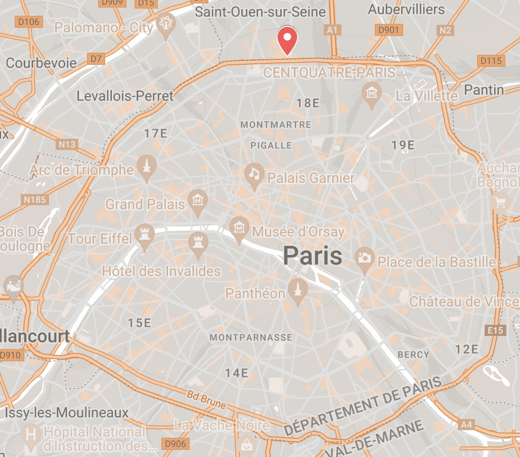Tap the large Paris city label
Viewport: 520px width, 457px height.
[x=312, y=256]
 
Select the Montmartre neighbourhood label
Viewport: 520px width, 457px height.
[x=276, y=125]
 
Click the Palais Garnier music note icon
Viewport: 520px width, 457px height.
[x=254, y=173]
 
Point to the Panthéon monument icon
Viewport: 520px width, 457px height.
[x=297, y=290]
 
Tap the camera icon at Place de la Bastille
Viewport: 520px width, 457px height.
[x=364, y=258]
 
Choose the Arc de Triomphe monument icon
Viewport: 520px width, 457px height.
[x=146, y=166]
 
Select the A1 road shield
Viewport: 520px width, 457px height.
[x=332, y=30]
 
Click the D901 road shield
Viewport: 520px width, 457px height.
[x=388, y=30]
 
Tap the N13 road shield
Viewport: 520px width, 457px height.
[x=67, y=145]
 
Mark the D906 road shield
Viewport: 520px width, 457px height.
[x=176, y=444]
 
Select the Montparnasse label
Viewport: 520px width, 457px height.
[x=251, y=337]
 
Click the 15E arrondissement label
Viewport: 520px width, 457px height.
[x=140, y=323]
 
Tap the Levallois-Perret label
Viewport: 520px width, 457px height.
[x=125, y=96]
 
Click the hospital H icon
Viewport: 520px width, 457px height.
[x=31, y=435]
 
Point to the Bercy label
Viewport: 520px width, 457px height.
[x=413, y=355]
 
